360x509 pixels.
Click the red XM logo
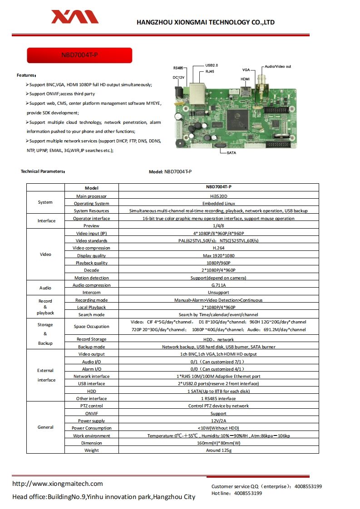point(74,17)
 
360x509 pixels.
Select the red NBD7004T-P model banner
point(79,55)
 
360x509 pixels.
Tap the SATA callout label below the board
point(231,153)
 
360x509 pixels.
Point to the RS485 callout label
point(178,68)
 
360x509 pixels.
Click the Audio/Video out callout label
point(277,67)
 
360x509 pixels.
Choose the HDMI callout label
point(245,79)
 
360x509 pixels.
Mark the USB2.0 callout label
point(212,65)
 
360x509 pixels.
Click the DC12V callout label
point(178,78)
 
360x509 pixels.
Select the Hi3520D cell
point(218,196)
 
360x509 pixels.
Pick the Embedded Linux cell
point(218,203)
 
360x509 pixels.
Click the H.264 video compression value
point(218,248)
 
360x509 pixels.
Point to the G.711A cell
point(218,285)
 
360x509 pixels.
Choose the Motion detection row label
point(91,278)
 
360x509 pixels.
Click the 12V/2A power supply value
point(218,421)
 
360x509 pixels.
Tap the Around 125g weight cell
point(218,450)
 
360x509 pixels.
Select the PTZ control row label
point(91,406)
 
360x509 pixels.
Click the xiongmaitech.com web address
point(58,484)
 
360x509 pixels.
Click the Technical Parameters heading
point(43,171)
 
